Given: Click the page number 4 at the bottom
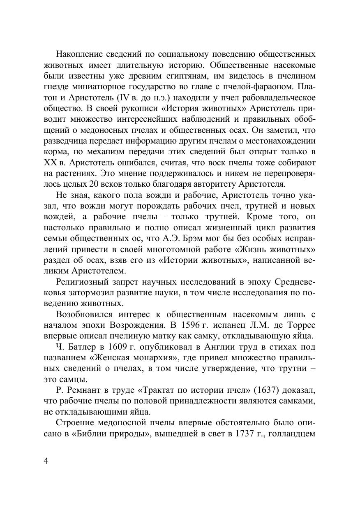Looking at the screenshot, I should pyautogui.click(x=46, y=461).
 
